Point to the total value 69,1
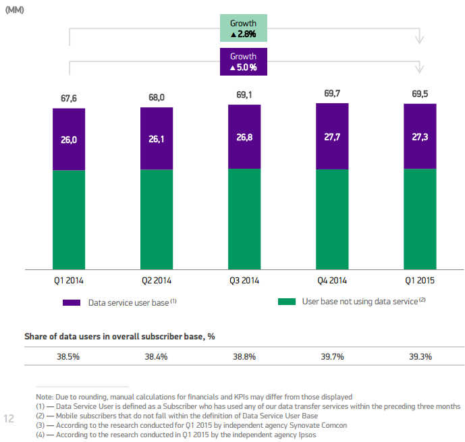click(244, 95)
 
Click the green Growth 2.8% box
click(244, 28)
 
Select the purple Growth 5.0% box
click(244, 61)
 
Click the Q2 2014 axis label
click(157, 279)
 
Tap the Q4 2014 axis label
click(331, 279)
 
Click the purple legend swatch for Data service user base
click(72, 302)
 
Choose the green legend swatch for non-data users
click(287, 302)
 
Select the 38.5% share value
click(69, 356)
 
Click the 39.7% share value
click(331, 356)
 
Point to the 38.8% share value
click(244, 356)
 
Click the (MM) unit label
click(15, 9)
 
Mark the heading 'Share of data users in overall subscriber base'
click(119, 336)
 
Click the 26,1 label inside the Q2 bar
click(157, 140)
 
